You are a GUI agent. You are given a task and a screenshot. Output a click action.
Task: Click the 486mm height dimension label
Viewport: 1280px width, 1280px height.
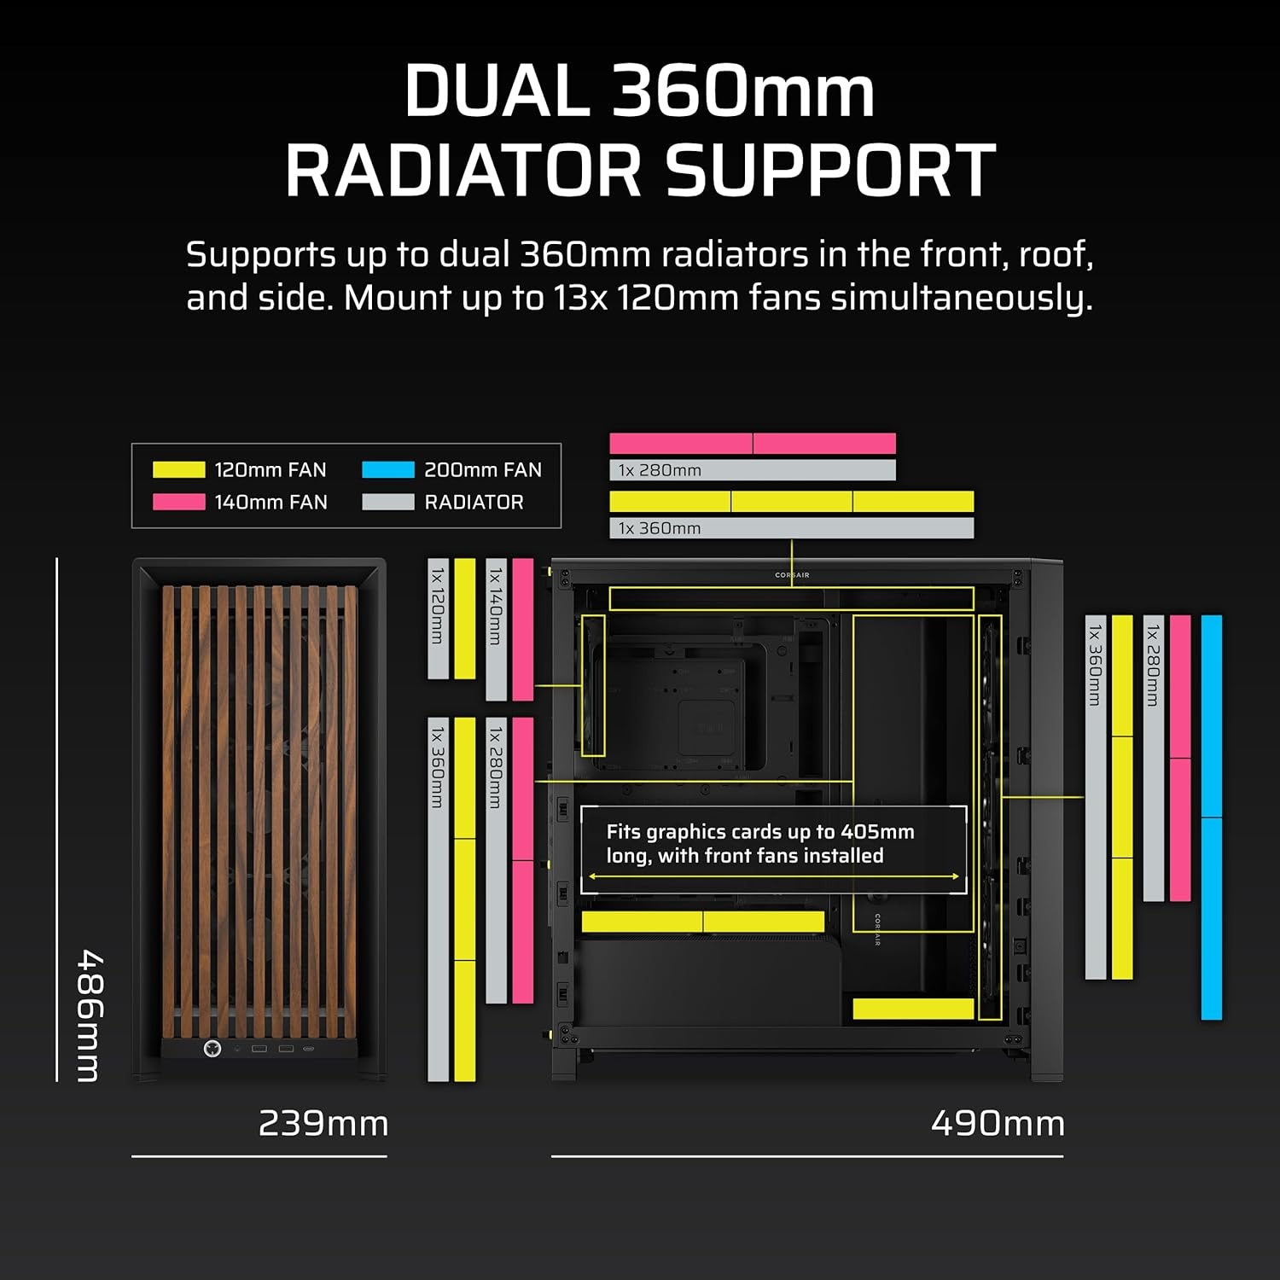pos(89,1015)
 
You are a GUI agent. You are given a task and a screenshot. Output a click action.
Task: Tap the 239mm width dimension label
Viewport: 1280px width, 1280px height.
pos(323,1123)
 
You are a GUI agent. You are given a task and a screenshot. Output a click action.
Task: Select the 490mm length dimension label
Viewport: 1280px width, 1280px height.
pos(998,1123)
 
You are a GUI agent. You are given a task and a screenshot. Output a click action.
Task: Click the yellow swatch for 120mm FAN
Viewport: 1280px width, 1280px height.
pos(179,469)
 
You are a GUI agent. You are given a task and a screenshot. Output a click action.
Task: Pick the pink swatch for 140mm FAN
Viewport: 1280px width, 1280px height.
pos(179,502)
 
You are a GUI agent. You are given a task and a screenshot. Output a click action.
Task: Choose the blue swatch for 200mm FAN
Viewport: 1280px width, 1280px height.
pos(388,469)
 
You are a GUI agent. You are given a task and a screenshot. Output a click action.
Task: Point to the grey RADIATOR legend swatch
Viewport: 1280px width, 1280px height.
pos(388,502)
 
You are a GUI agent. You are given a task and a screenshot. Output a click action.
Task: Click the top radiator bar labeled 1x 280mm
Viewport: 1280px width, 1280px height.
pos(753,470)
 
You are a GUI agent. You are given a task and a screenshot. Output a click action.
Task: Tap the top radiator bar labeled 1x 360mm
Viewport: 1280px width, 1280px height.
pos(791,528)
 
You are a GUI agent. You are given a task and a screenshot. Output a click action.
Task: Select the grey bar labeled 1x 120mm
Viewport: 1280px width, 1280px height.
pos(438,619)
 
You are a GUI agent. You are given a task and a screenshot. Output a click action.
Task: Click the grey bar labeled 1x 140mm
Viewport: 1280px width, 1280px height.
pos(496,630)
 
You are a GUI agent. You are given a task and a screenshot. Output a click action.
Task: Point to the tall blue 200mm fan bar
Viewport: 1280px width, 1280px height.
pos(1212,817)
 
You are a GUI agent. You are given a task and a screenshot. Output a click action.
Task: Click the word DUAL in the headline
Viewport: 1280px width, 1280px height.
pos(497,90)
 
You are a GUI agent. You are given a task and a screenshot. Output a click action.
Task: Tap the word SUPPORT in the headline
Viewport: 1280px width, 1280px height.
pos(830,170)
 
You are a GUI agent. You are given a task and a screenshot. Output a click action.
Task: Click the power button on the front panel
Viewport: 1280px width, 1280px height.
pos(212,1048)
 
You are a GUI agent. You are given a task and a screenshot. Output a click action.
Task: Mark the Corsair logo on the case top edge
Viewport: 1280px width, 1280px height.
pos(792,575)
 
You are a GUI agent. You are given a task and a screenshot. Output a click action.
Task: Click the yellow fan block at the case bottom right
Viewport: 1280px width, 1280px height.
pos(913,1009)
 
